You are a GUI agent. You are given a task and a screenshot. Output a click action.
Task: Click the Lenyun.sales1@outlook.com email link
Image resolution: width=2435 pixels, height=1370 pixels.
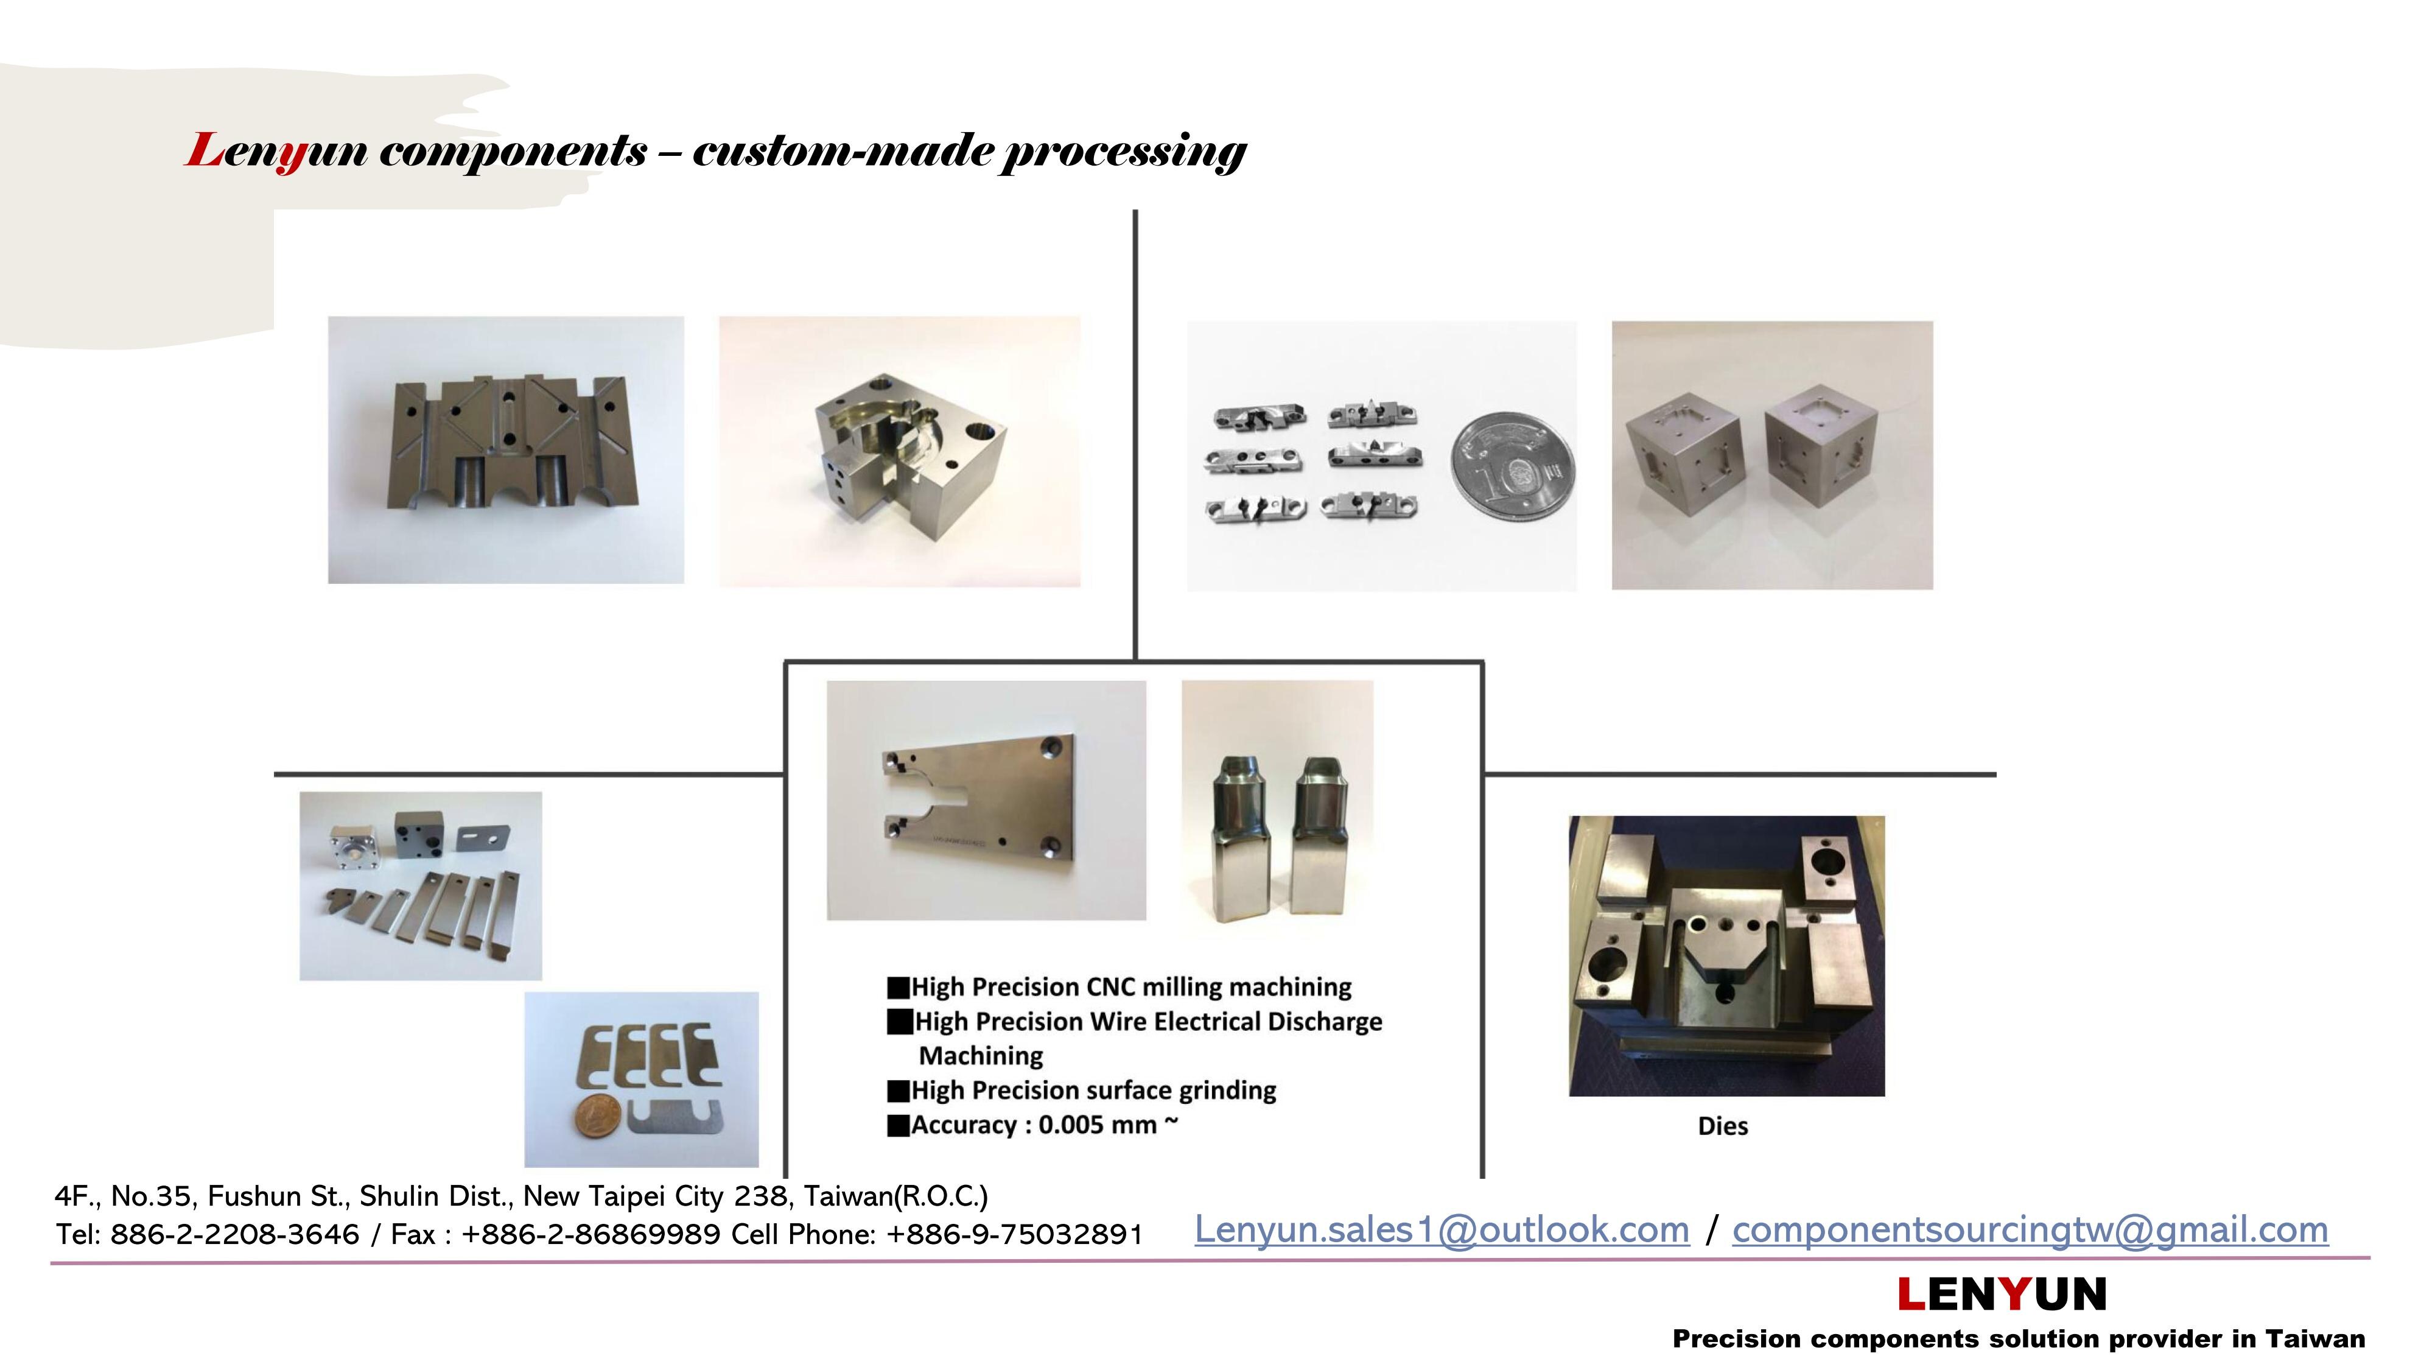[x=1442, y=1230]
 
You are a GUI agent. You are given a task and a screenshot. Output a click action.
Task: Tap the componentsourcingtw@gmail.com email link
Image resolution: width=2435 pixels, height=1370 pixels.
[x=2030, y=1230]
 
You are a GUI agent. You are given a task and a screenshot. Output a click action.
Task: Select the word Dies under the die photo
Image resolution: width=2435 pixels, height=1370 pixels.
[x=1722, y=1126]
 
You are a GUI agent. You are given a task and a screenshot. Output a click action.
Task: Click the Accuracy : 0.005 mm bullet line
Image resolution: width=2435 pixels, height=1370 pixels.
[x=1033, y=1125]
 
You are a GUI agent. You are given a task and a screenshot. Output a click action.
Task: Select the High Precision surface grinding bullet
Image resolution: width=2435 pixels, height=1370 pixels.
[x=1082, y=1090]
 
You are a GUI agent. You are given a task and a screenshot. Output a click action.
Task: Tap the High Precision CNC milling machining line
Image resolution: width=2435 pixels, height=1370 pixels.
[x=1120, y=987]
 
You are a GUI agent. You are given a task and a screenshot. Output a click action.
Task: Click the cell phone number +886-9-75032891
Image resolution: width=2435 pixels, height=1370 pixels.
[x=1014, y=1235]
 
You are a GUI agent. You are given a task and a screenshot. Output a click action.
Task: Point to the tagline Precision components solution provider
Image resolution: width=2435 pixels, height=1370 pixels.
[x=2018, y=1340]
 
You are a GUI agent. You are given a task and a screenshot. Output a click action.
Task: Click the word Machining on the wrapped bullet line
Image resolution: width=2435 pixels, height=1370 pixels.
[x=981, y=1056]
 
